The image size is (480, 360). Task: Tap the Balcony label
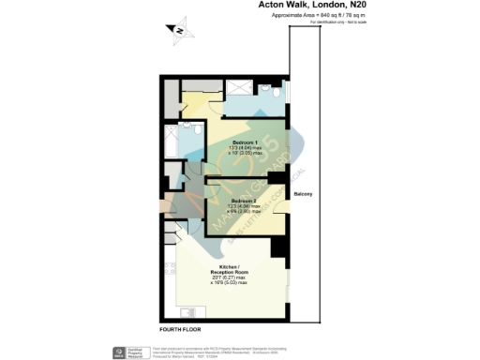tap(302, 194)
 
